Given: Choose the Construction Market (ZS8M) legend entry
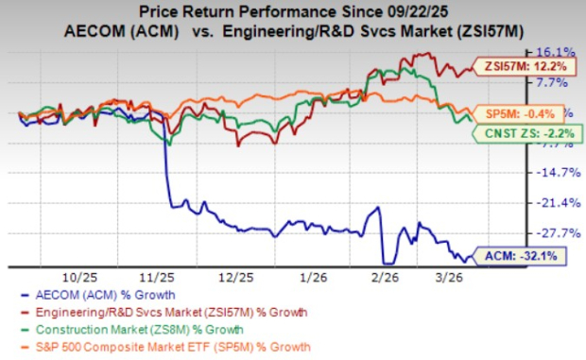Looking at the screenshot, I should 147,329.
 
